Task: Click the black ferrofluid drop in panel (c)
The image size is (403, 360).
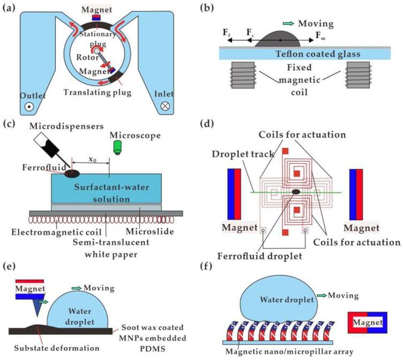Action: coord(72,173)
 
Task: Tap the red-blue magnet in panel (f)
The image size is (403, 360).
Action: coord(368,322)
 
